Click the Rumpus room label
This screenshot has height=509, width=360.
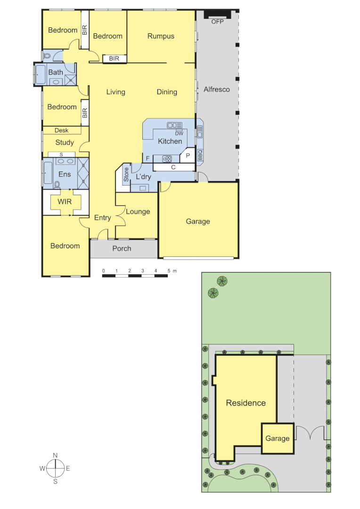(161, 36)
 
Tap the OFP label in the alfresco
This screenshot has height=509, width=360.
(217, 22)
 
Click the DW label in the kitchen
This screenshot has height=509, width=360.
(179, 133)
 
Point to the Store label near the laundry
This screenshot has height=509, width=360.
(126, 174)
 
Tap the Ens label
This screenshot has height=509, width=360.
(65, 174)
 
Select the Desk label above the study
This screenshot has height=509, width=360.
(62, 131)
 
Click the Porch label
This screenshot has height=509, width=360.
(122, 248)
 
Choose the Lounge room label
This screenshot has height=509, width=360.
(138, 212)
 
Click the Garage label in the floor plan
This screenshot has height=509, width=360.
(198, 222)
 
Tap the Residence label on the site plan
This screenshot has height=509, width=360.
(245, 403)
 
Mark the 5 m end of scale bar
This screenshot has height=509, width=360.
(168, 271)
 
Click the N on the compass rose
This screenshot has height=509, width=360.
(55, 455)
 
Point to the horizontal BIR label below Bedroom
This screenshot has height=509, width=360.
(115, 58)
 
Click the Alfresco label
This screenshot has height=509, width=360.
(217, 89)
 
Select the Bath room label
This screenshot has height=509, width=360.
(56, 73)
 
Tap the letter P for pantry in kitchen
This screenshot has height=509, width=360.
(187, 156)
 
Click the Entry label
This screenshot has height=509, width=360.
(103, 218)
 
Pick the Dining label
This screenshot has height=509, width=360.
(167, 92)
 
